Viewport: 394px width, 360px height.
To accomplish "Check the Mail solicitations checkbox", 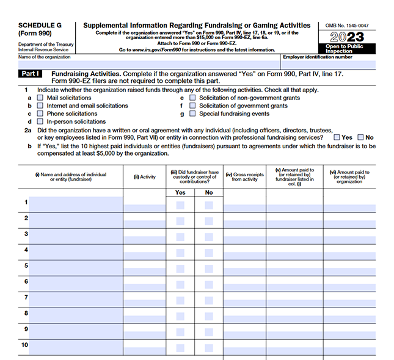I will click(40, 98).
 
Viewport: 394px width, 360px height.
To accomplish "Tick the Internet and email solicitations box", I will click(40, 106).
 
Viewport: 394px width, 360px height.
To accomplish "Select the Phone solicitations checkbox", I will click(40, 113).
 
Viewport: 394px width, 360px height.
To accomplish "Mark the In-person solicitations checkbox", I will click(40, 121).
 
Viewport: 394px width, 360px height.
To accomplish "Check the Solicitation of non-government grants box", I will click(192, 98).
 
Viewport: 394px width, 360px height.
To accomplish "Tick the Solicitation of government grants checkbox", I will click(192, 106).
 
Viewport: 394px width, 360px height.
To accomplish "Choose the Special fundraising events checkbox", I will click(192, 113).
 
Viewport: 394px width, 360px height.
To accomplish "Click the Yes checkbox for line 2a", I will click(337, 137).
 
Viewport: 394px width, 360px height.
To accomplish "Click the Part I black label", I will click(30, 73).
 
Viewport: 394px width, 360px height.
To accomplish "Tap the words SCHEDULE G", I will click(40, 26).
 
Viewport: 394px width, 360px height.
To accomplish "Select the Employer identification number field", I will click(329, 63).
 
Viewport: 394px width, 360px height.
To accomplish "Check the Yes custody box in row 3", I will click(180, 237).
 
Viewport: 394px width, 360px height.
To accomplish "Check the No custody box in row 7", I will click(209, 300).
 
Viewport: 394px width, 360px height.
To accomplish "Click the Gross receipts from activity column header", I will click(245, 177).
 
